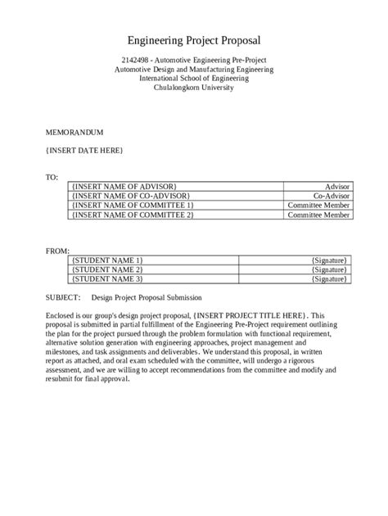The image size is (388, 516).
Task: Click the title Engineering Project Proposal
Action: pos(193,40)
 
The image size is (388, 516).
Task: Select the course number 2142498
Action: pos(134,61)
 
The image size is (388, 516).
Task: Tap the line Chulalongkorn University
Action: pos(194,88)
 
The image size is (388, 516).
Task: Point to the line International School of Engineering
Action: pos(194,79)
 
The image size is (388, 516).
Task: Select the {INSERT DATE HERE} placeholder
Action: pos(84,150)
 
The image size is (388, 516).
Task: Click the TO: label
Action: pos(52,177)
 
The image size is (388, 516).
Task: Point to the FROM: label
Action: pos(56,251)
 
